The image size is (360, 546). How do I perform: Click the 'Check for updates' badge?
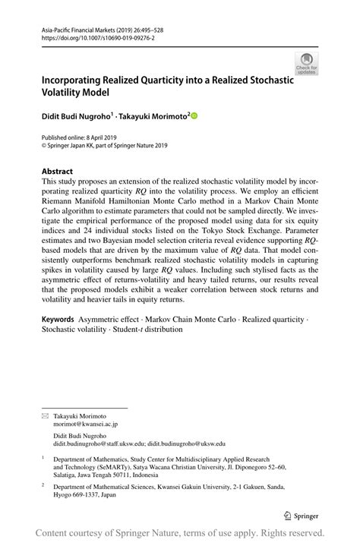click(x=306, y=63)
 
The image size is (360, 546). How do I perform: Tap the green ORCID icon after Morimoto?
click(x=194, y=115)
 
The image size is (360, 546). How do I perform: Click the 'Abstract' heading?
click(x=58, y=172)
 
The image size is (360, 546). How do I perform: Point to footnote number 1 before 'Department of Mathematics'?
click(x=43, y=459)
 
